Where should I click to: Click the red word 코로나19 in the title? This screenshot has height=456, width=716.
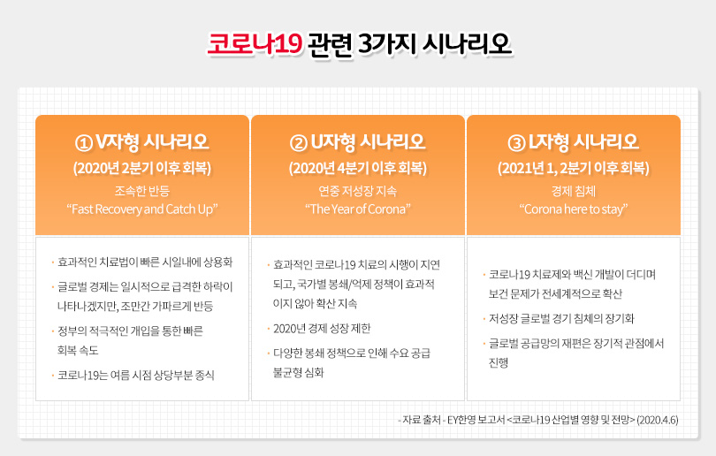255,44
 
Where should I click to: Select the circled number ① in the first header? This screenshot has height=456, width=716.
84,143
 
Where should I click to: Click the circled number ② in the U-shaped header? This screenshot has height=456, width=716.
299,143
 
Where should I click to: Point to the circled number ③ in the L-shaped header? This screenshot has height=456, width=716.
516,143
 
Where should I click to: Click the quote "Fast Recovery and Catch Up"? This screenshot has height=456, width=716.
142,209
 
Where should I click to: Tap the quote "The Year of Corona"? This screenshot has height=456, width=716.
358,209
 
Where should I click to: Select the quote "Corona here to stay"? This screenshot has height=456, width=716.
574,209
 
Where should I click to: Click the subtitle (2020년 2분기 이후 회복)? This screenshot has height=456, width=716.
142,169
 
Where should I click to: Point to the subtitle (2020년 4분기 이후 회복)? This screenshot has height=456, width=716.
358,169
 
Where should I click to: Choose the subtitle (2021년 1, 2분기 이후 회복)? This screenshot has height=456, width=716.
574,169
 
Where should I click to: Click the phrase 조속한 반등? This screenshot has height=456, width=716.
142,191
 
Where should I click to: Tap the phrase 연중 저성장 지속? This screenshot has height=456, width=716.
358,191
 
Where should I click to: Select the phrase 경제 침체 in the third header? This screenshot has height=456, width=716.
574,191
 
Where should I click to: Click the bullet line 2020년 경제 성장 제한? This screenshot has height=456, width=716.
322,329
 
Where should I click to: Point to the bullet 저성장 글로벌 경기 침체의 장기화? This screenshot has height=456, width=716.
561,319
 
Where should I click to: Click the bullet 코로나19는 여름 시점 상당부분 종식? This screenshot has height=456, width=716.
135,376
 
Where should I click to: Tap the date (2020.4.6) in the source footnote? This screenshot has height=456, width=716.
658,420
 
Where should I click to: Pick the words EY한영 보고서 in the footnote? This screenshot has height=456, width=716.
476,420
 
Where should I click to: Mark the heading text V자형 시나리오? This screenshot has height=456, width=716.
152,142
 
